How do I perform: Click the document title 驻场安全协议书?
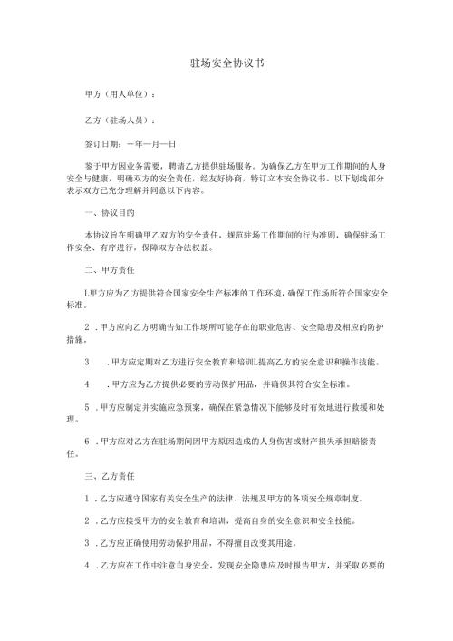tap(226, 64)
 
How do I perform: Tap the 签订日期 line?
tap(129, 143)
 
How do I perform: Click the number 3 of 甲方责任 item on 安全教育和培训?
tap(85, 363)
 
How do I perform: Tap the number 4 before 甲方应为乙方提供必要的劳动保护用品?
tap(85, 385)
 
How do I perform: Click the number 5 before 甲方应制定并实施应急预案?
tap(85, 409)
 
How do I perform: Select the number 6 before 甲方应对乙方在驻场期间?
tap(85, 442)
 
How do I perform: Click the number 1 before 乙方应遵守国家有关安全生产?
tap(85, 499)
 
